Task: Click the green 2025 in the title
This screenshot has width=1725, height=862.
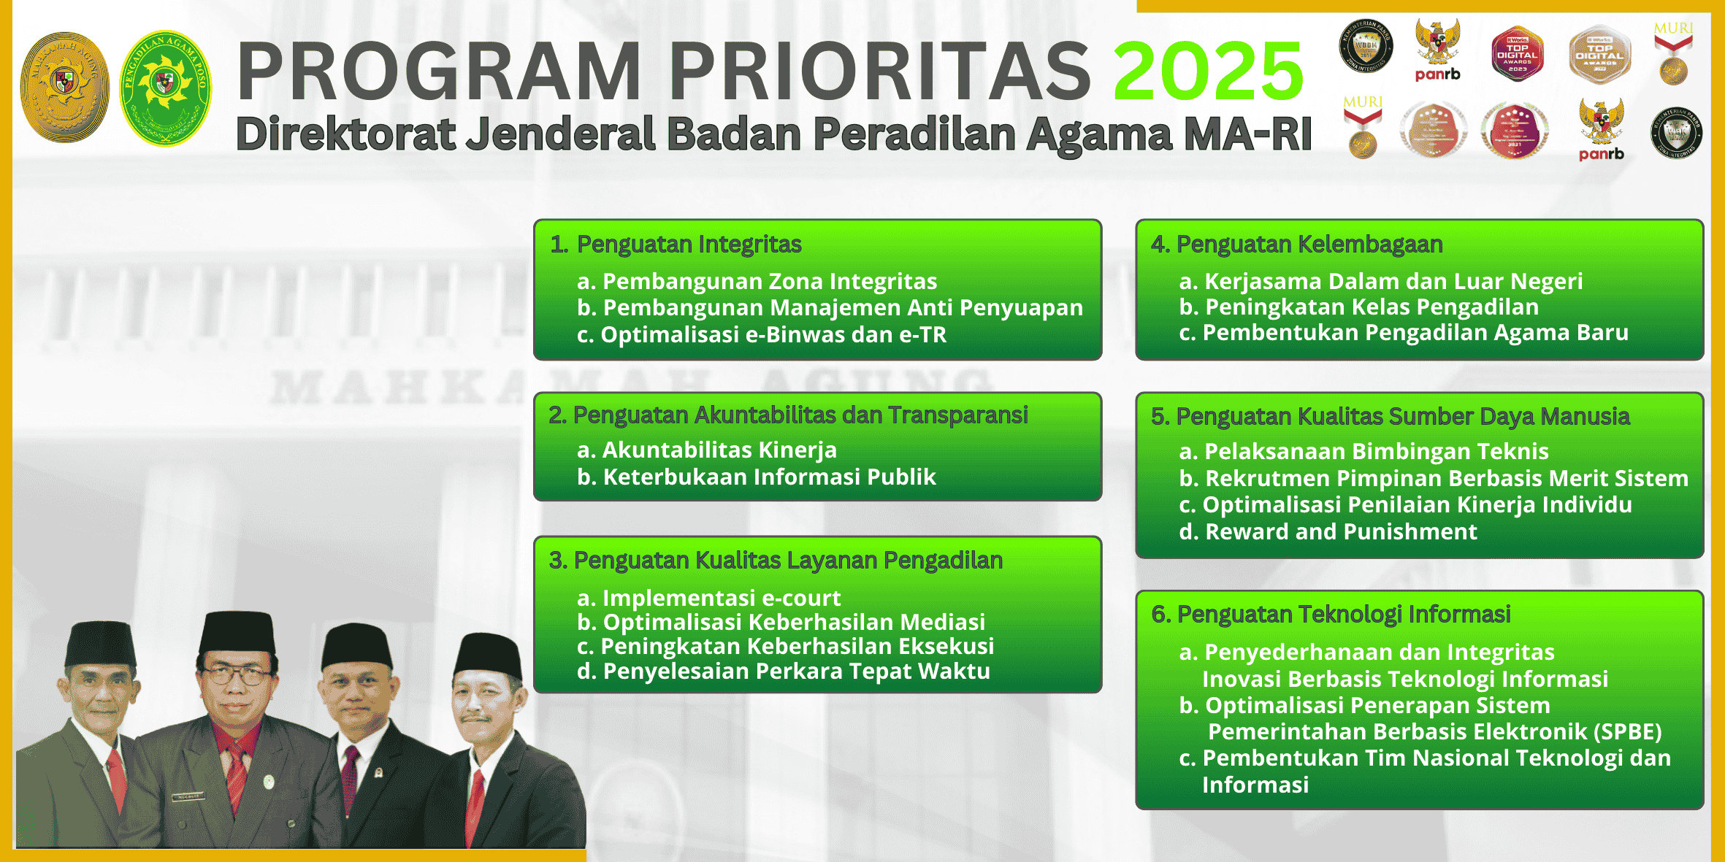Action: (1208, 71)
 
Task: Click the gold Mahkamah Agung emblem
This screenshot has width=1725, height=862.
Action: (64, 87)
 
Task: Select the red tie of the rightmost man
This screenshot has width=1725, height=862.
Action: (475, 803)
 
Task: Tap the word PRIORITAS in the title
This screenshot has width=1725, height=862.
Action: (879, 71)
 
